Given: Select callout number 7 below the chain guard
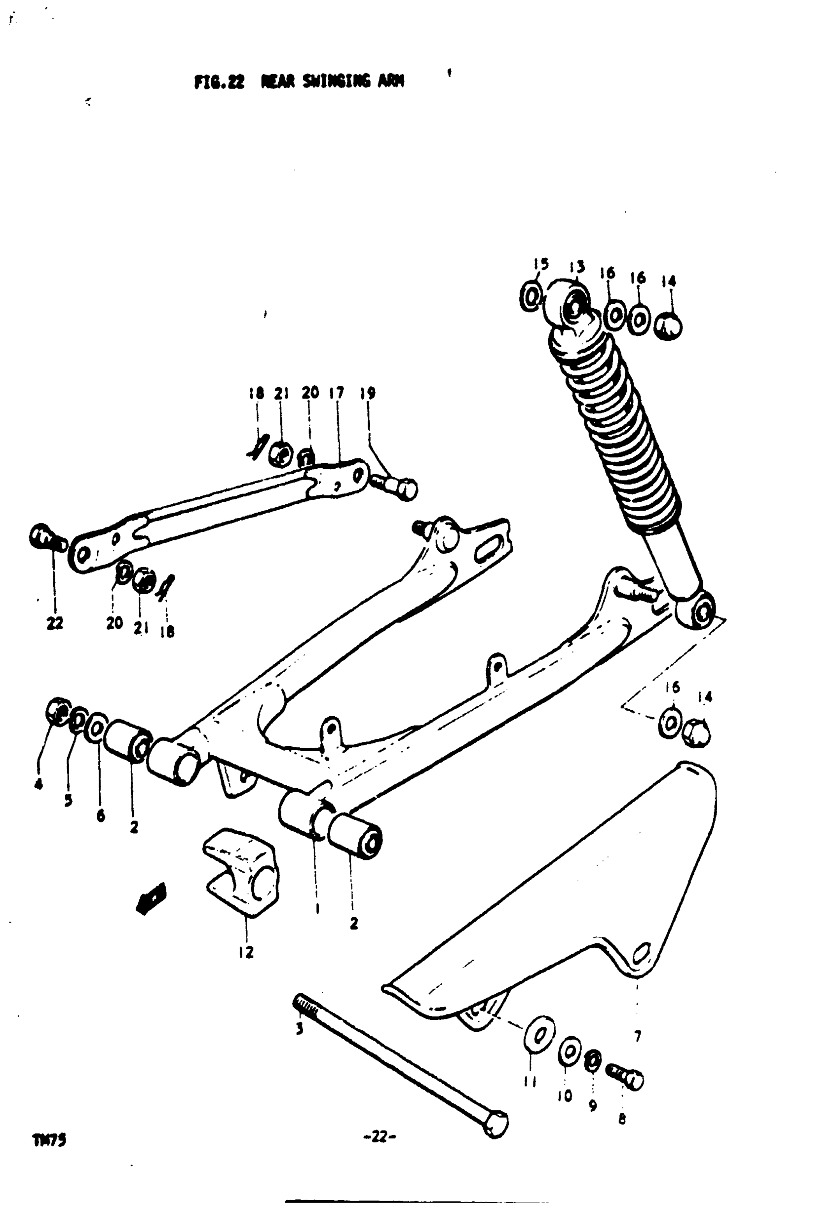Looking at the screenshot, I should coord(638,1036).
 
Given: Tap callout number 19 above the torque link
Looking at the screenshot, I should coord(368,393).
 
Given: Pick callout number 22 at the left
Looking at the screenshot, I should coord(55,623).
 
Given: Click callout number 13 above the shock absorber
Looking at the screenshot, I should coord(576,267).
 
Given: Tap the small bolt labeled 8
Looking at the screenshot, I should coord(626,1077).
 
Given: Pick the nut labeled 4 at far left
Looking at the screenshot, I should coord(58,711).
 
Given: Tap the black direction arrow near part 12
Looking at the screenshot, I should coord(152,898).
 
